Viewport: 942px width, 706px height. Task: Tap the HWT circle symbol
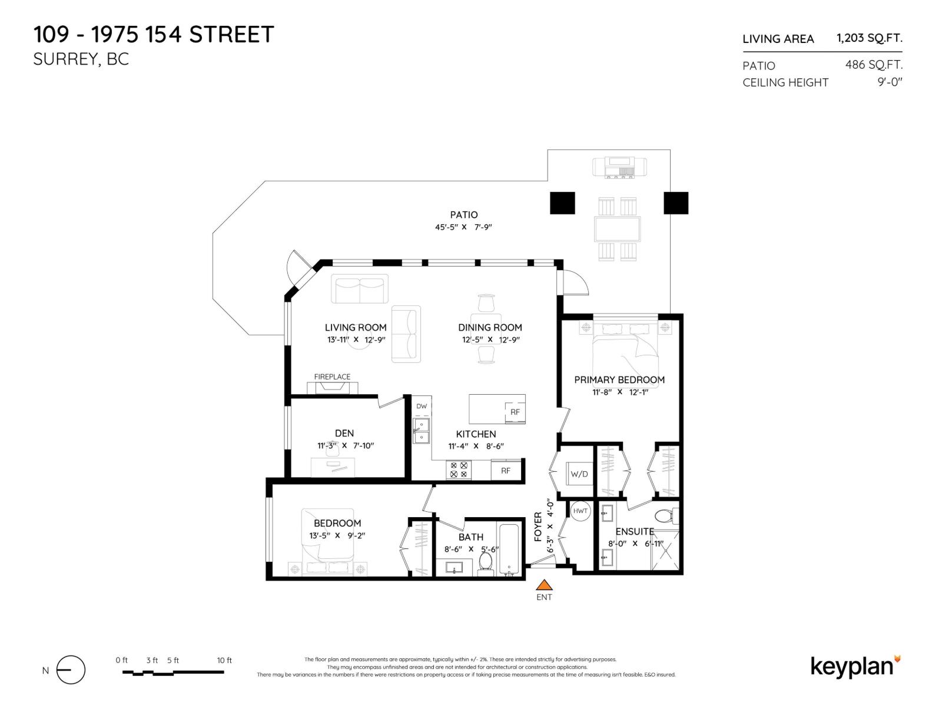click(x=580, y=511)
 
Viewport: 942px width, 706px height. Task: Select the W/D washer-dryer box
click(x=579, y=473)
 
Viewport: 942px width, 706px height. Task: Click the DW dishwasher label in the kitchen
click(x=422, y=406)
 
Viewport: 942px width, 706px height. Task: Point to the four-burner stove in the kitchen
click(x=458, y=469)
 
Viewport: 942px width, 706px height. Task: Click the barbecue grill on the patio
click(x=619, y=167)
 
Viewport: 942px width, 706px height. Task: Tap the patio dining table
click(x=617, y=229)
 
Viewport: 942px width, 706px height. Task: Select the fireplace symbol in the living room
click(x=332, y=388)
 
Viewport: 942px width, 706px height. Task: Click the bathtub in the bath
click(x=509, y=549)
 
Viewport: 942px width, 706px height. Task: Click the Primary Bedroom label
click(x=619, y=379)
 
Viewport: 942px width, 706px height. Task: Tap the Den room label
click(x=344, y=433)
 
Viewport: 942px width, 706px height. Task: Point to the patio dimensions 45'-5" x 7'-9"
click(x=463, y=227)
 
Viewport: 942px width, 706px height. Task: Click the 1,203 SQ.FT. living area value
click(x=869, y=38)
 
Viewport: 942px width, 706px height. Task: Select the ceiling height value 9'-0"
click(x=890, y=82)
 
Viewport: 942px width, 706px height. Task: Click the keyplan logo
click(x=855, y=667)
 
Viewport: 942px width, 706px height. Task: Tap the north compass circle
click(x=71, y=670)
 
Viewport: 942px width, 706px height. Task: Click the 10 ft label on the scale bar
click(x=224, y=660)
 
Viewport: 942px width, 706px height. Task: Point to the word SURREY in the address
click(x=65, y=59)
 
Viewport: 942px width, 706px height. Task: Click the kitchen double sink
click(x=421, y=431)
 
